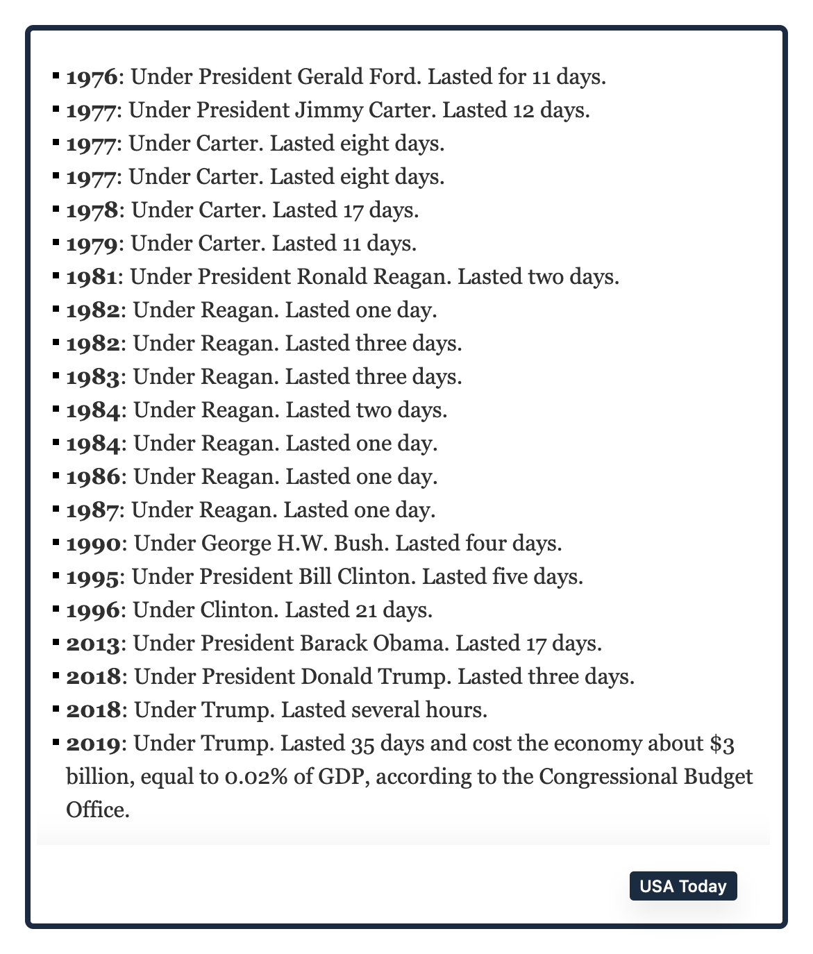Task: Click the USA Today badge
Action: click(x=683, y=886)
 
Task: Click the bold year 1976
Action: click(x=92, y=77)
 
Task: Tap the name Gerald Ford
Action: click(x=359, y=76)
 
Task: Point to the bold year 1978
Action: click(x=92, y=210)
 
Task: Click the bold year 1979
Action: click(x=92, y=244)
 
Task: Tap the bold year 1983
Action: click(x=93, y=377)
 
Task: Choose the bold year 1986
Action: click(x=93, y=477)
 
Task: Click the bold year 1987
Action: click(x=92, y=510)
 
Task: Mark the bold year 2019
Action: click(x=94, y=744)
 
